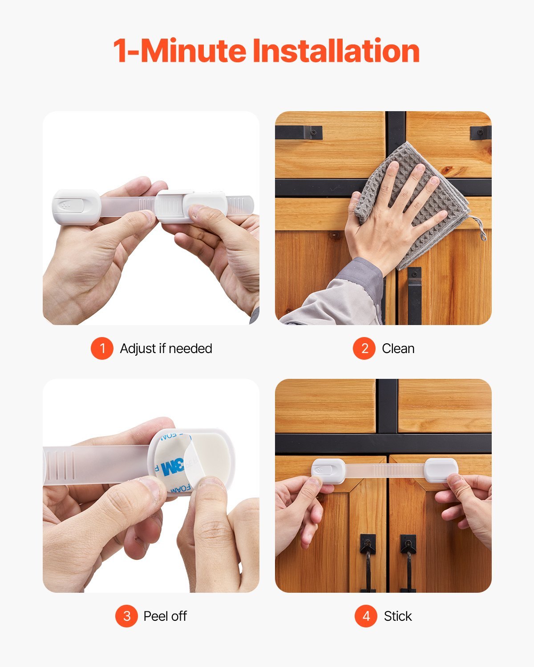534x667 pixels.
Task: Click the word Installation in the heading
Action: tap(336, 51)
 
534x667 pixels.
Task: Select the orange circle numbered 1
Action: tap(102, 348)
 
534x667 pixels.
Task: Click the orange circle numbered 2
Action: tap(364, 348)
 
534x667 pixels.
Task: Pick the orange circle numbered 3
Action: tap(126, 616)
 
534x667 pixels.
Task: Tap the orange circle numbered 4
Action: tap(366, 616)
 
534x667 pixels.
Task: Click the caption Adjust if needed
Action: tap(166, 348)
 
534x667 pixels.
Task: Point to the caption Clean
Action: tap(398, 348)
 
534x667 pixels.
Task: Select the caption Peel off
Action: tap(165, 616)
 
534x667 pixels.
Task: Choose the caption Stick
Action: tap(398, 616)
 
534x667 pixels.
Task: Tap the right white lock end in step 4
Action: tap(441, 470)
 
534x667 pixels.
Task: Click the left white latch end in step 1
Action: tap(76, 206)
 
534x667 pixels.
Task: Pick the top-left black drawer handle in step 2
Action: tap(299, 132)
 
